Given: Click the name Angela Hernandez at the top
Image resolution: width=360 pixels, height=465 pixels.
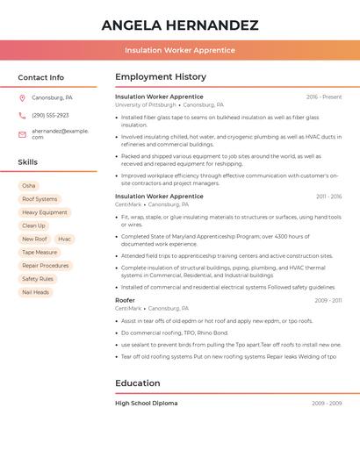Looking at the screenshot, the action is point(180,25).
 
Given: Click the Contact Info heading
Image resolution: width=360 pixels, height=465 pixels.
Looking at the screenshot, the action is point(41,77).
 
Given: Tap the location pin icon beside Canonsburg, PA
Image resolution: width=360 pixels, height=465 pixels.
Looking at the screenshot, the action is point(22,97).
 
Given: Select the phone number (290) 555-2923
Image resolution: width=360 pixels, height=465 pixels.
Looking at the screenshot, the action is point(50,115).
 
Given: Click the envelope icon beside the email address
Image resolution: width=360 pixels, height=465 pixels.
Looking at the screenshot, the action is point(22,134).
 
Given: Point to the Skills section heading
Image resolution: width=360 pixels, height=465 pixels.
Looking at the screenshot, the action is point(28,162).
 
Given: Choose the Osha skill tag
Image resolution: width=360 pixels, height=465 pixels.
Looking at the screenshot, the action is point(29,186).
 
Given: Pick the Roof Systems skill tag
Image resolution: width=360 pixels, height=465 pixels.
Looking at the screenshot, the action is point(40,199).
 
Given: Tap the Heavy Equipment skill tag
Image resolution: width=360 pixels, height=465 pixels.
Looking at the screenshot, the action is point(45,212).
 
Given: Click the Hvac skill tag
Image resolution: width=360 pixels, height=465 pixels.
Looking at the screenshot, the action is point(65,239).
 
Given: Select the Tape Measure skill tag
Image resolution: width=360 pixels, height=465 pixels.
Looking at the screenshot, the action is point(40,252).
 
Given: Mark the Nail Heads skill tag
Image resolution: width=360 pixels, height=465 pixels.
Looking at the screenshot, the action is point(35,292).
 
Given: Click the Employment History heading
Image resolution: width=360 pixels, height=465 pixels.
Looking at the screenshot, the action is point(161,77).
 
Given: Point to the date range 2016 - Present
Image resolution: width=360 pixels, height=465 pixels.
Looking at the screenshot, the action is point(324,97).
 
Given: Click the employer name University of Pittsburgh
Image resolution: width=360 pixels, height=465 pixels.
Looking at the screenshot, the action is point(146,104).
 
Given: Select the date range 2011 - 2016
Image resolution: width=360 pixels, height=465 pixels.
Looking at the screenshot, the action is point(328,197).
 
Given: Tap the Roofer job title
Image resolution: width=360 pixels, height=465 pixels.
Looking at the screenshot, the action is point(125,300).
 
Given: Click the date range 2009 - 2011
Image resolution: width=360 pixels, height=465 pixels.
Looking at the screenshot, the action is point(328,301).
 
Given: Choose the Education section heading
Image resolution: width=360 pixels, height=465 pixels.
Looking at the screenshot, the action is point(138,383).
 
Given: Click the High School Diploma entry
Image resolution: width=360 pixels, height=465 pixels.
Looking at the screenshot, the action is point(147,404).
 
